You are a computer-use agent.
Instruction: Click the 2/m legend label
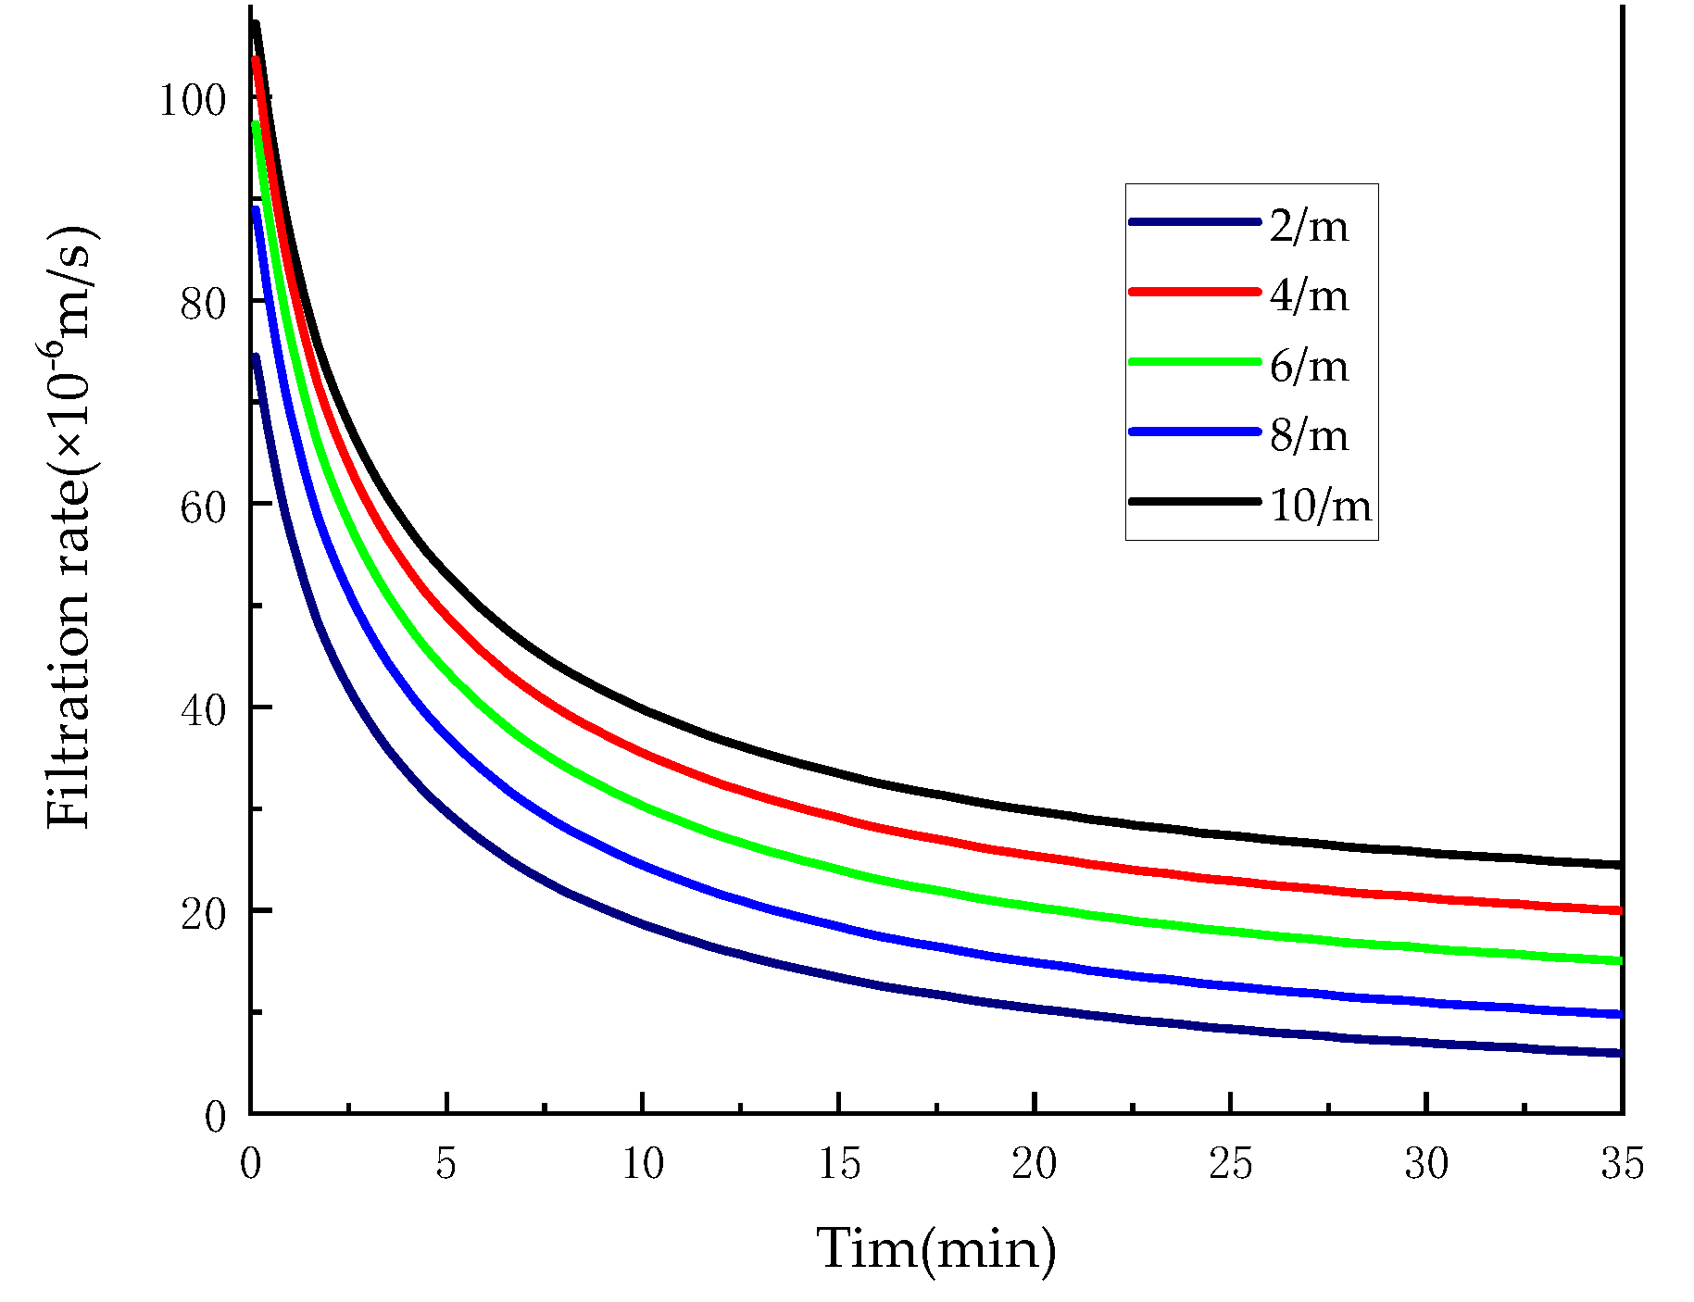click(1309, 225)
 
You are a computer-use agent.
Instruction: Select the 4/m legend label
click(1309, 294)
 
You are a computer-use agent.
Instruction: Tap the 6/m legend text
click(1309, 365)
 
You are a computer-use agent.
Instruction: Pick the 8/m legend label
click(1309, 434)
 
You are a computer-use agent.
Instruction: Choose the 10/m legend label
click(1320, 505)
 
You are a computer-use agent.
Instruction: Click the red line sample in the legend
click(1195, 291)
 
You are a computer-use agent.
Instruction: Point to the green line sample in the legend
click(1195, 361)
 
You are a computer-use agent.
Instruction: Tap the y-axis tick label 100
click(193, 99)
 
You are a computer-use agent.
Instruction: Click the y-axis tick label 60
click(203, 506)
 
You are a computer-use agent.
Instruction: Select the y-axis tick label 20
click(203, 913)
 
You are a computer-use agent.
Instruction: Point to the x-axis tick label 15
click(839, 1163)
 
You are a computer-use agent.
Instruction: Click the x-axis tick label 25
click(1231, 1163)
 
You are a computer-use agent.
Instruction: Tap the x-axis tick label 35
click(1622, 1163)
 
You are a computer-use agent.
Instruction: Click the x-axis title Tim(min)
click(935, 1248)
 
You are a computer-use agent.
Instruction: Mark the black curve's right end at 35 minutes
click(1619, 864)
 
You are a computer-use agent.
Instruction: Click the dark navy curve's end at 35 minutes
click(1619, 1053)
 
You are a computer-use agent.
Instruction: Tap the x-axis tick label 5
click(446, 1163)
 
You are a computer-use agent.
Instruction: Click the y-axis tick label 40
click(203, 709)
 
